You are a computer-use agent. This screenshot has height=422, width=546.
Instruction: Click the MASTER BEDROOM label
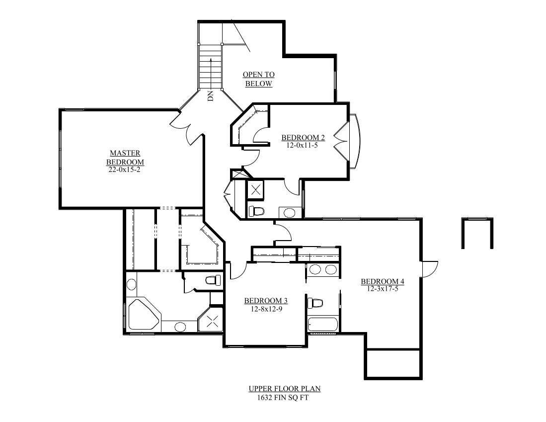[125, 158]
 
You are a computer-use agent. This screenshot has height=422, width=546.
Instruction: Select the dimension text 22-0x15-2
[125, 169]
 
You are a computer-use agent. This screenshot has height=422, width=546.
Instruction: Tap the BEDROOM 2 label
[303, 138]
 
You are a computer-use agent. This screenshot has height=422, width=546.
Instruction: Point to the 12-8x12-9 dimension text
[266, 309]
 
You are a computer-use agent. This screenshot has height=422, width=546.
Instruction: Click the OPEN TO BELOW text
[258, 79]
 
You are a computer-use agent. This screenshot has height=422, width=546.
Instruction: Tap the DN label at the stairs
[210, 96]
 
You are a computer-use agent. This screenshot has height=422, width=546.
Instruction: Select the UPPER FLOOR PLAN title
[281, 389]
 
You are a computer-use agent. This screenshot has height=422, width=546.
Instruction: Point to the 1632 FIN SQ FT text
[281, 397]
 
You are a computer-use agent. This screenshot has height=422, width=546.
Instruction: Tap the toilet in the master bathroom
[213, 280]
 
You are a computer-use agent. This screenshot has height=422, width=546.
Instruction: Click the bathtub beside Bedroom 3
[323, 326]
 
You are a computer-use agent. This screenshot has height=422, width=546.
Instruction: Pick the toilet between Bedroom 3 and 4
[315, 302]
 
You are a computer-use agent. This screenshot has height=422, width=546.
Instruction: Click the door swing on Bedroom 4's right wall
[429, 269]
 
